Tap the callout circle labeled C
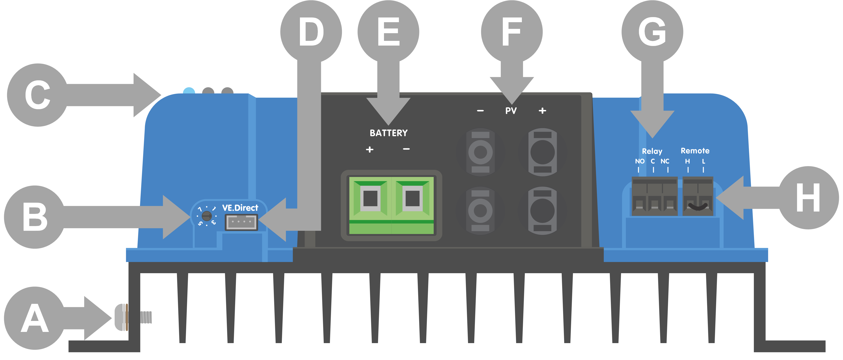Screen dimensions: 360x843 coord(38,95)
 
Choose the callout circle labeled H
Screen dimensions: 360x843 coord(808,198)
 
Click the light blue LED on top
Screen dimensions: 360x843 coord(189,91)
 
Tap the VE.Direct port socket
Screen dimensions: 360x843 coord(241,222)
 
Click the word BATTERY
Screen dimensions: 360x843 coord(389,133)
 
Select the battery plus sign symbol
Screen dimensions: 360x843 coord(369,150)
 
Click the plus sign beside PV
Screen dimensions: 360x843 coord(542,111)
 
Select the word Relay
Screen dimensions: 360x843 coord(652,151)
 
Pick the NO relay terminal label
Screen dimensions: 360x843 coord(640,161)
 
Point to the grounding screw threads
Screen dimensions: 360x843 coord(146,317)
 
